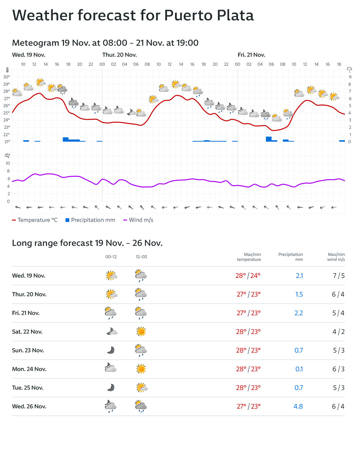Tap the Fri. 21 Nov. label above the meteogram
pos(251,55)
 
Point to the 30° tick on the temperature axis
pos(7,77)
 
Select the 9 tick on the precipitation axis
pos(350,77)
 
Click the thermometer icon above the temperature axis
pos(7,70)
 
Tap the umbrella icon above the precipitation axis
pos(349,70)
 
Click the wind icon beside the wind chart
pos(7,155)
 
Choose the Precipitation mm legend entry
pos(90,220)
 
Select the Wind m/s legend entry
pos(138,220)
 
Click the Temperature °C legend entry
pos(35,220)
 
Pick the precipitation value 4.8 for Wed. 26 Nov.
pos(298,406)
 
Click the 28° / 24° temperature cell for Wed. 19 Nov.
pos(248,276)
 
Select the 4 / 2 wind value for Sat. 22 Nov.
pos(338,332)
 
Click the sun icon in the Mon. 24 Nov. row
pos(141,369)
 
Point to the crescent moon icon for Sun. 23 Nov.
pos(111,350)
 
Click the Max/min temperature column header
pos(249,257)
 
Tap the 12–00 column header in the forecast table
pos(141,257)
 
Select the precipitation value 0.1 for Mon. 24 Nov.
pos(299,369)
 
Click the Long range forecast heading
pos(87,243)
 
